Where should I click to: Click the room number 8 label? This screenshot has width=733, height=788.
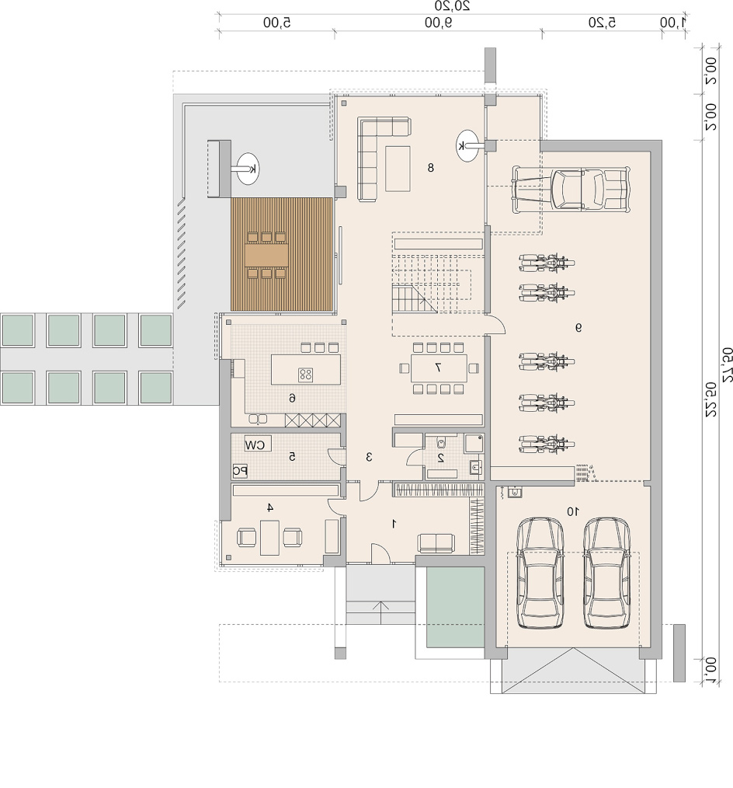430,168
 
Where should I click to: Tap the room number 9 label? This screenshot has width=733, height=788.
578,328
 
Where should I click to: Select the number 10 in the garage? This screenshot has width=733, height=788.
572,511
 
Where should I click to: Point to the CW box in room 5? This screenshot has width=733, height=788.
257,445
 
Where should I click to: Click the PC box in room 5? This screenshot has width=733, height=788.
240,471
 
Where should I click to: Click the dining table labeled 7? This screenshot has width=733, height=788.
438,368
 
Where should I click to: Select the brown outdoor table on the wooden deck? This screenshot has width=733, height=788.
266,256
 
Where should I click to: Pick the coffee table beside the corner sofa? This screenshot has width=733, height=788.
398,169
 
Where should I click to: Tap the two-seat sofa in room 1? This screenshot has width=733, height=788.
436,543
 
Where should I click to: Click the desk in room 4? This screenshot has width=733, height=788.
269,537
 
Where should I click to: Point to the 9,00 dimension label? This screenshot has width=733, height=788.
438,22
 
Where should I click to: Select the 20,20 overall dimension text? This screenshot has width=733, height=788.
452,5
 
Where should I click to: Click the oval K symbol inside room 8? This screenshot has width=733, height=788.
467,146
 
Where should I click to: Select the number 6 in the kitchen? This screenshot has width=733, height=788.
292,398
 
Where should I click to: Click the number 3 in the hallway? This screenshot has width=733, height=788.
369,457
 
